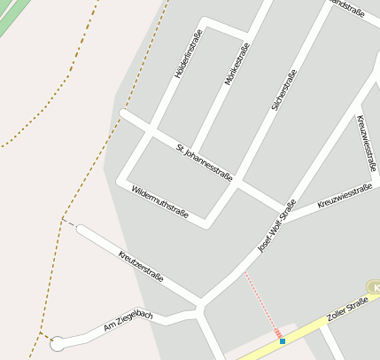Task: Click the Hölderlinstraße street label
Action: pyautogui.click(x=189, y=54)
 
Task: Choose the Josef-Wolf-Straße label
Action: pyautogui.click(x=276, y=227)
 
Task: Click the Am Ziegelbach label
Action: pyautogui.click(x=128, y=321)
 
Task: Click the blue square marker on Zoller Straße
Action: pyautogui.click(x=283, y=340)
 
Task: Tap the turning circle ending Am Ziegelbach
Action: pyautogui.click(x=58, y=343)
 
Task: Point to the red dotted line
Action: pyautogui.click(x=262, y=302)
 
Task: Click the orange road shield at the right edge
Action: pyautogui.click(x=375, y=287)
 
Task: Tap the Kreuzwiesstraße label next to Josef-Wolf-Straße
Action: pyautogui.click(x=344, y=196)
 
